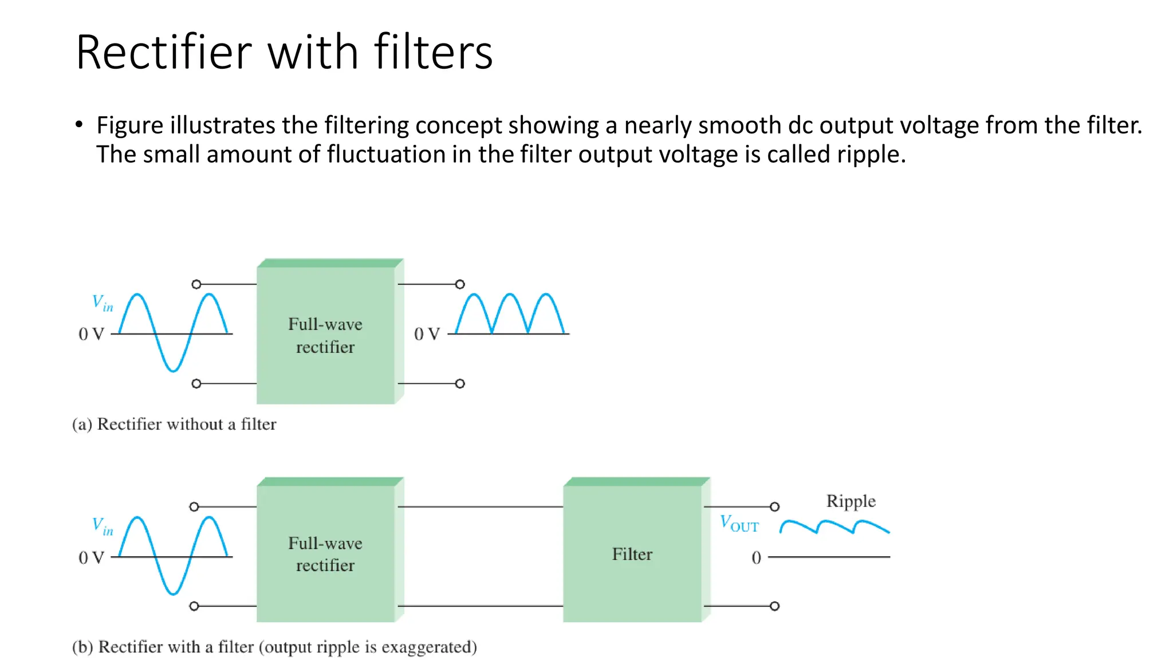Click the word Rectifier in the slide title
point(164,53)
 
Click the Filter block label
point(632,554)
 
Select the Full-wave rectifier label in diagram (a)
point(325,336)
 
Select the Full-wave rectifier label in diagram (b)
point(325,554)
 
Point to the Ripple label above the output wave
point(851,501)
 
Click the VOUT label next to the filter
point(739,524)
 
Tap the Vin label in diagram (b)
point(103,526)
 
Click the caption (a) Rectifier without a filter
point(174,424)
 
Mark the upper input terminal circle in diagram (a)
point(196,284)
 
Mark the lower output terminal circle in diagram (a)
point(460,383)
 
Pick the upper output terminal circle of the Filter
point(774,506)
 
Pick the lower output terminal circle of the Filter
point(774,606)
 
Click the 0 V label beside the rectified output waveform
point(427,334)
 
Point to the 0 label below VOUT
point(756,557)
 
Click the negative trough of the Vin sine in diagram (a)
point(173,370)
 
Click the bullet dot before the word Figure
point(79,124)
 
